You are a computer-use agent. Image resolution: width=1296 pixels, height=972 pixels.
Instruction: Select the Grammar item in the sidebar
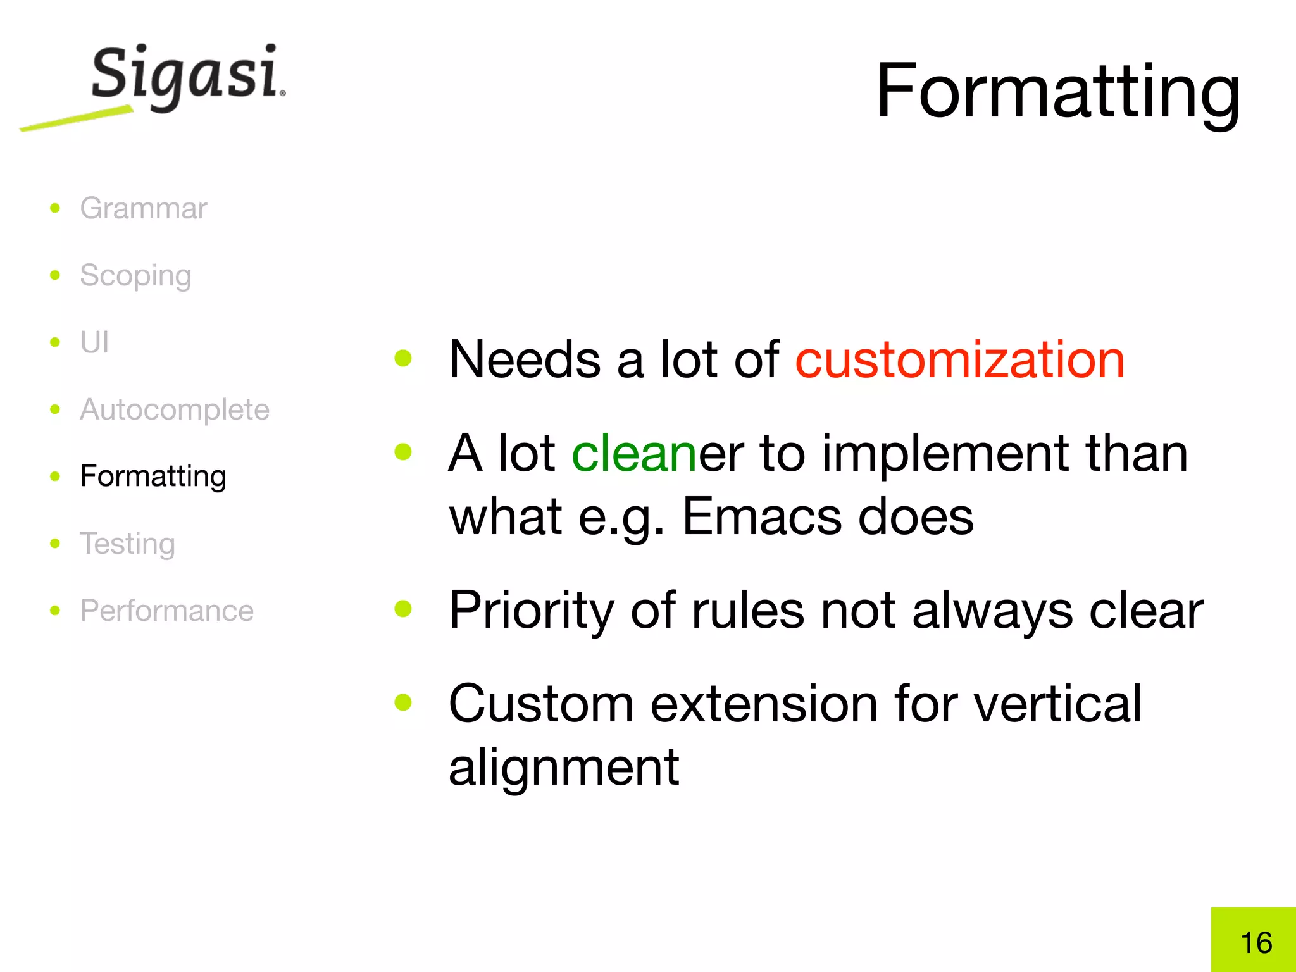[x=143, y=208]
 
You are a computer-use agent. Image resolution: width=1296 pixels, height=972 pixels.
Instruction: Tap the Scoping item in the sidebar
[x=135, y=276]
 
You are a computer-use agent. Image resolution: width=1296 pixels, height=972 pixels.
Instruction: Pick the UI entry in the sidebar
[x=94, y=342]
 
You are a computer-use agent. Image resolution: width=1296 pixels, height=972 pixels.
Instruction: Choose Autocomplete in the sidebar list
[x=175, y=409]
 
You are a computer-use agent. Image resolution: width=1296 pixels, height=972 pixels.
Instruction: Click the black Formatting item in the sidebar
[x=153, y=477]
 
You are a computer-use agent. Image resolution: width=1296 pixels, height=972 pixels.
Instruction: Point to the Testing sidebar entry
[x=127, y=544]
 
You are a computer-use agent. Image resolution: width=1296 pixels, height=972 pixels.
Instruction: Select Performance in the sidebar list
[x=166, y=611]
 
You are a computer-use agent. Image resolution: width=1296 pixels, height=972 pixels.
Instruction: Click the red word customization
[x=959, y=359]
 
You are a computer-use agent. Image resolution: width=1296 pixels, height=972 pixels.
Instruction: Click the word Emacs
[x=762, y=516]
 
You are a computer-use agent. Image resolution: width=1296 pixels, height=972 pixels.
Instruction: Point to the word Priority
[x=531, y=610]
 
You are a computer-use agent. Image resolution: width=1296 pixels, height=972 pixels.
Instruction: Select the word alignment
[x=564, y=766]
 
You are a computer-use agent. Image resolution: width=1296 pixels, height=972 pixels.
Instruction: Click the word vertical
[x=1057, y=704]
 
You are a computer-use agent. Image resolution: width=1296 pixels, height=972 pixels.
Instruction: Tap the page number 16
[x=1255, y=943]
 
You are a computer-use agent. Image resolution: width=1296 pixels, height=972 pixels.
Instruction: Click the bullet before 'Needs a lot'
[x=403, y=359]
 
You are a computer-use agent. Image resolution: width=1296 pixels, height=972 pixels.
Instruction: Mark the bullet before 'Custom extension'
[x=403, y=702]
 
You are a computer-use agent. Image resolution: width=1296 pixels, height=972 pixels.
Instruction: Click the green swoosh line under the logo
[x=76, y=119]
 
